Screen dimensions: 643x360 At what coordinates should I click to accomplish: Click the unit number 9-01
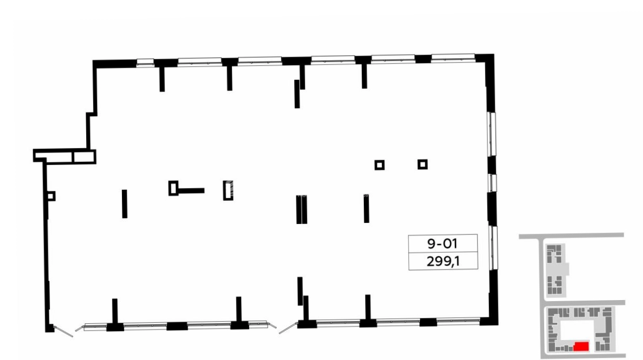pyautogui.click(x=442, y=243)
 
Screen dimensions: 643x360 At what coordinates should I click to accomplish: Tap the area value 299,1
pyautogui.click(x=443, y=261)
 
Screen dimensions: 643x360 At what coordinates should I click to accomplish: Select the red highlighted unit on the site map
pyautogui.click(x=581, y=346)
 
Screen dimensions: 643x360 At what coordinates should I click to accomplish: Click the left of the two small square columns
pyautogui.click(x=380, y=165)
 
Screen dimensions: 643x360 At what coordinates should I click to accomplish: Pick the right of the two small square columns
pyautogui.click(x=423, y=164)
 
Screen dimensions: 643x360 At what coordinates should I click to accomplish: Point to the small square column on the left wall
pyautogui.click(x=51, y=196)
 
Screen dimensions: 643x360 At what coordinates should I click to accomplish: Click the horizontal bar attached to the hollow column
pyautogui.click(x=191, y=190)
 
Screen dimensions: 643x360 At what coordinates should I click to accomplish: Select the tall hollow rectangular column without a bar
pyautogui.click(x=228, y=190)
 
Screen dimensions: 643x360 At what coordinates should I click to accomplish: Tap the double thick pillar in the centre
pyautogui.click(x=302, y=209)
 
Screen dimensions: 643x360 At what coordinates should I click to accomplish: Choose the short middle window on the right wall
pyautogui.click(x=492, y=183)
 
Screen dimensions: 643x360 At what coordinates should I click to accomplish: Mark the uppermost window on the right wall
pyautogui.click(x=492, y=134)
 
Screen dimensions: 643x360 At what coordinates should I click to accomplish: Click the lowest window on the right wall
pyautogui.click(x=493, y=248)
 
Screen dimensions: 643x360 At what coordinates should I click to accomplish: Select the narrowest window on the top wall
pyautogui.click(x=145, y=63)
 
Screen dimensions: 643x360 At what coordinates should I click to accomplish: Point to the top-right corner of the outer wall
pyautogui.click(x=494, y=54)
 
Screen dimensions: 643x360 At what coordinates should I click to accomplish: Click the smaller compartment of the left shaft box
pyautogui.click(x=84, y=157)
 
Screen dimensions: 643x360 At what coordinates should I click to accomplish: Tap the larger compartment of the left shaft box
pyautogui.click(x=54, y=157)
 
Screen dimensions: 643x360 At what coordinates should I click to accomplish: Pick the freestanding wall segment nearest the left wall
pyautogui.click(x=125, y=204)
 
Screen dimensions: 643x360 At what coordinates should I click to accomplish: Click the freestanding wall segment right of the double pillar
pyautogui.click(x=366, y=209)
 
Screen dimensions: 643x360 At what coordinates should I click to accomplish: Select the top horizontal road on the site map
pyautogui.click(x=571, y=236)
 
